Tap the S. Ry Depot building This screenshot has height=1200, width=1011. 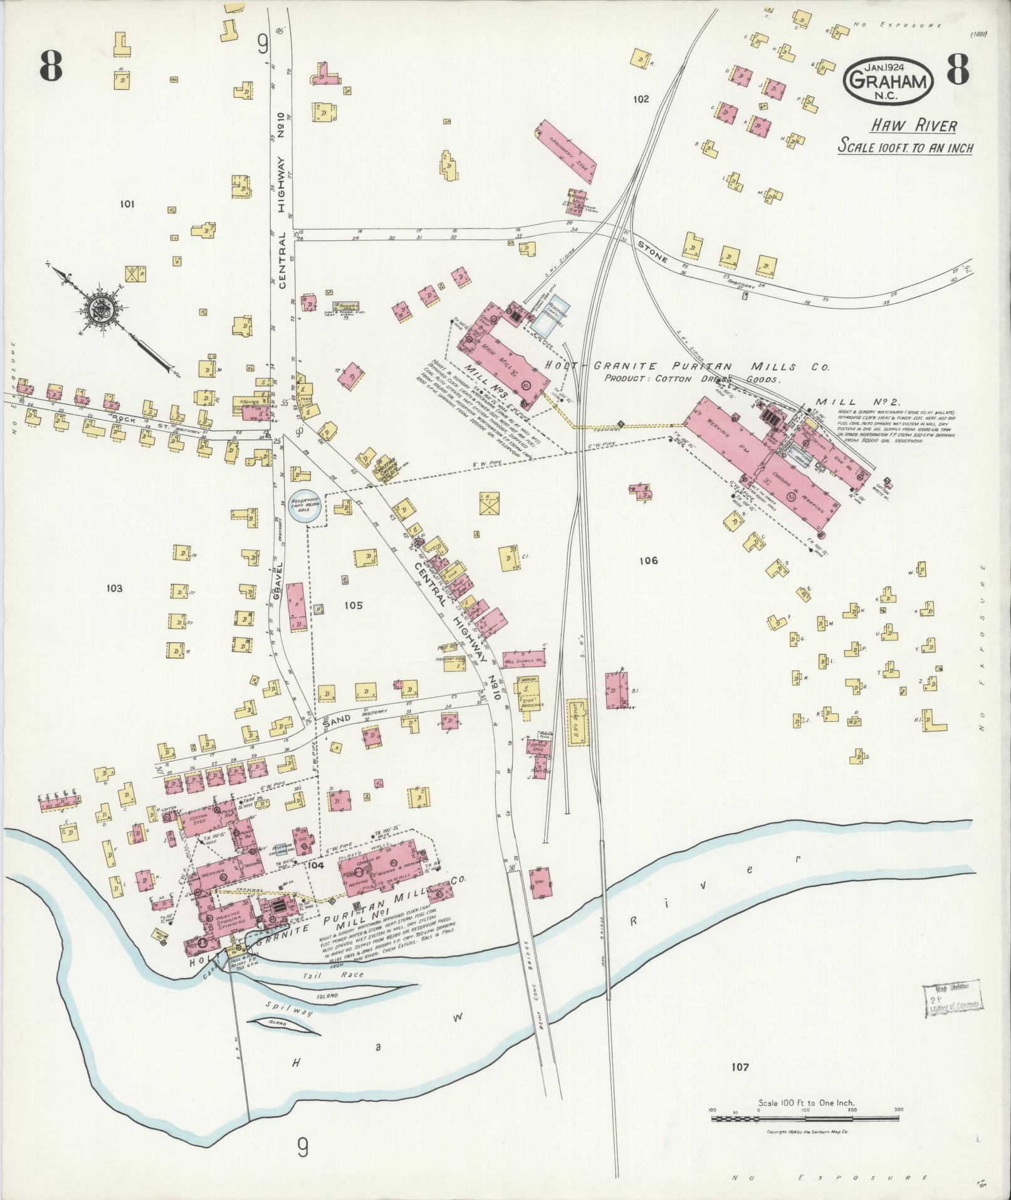click(580, 721)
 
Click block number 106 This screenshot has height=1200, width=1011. click(649, 561)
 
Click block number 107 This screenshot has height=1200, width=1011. click(740, 1066)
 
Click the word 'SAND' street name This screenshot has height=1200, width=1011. click(335, 723)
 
